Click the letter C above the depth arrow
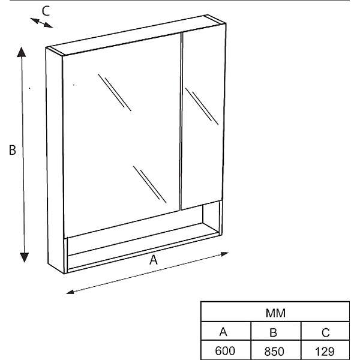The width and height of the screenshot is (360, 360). click(x=46, y=11)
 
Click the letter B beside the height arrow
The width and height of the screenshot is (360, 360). click(x=13, y=150)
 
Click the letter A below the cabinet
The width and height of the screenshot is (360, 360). click(x=154, y=260)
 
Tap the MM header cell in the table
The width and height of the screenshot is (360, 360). click(x=275, y=313)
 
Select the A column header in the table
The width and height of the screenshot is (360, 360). click(x=223, y=332)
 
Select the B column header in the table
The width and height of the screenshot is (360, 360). click(x=273, y=332)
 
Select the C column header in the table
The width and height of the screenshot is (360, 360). click(x=325, y=332)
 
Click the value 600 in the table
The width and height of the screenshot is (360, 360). click(x=225, y=351)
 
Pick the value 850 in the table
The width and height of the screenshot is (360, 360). click(x=274, y=351)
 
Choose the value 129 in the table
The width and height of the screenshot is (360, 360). click(x=325, y=351)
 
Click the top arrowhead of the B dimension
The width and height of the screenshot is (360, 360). click(x=22, y=52)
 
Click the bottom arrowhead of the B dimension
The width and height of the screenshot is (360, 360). click(x=24, y=257)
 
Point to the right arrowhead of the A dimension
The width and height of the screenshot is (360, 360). click(x=224, y=254)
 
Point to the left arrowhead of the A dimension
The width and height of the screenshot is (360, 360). click(x=70, y=292)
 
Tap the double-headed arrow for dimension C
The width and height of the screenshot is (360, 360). click(x=41, y=23)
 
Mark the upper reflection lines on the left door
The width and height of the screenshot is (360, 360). click(x=115, y=92)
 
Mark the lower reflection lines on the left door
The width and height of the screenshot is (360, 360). click(x=149, y=185)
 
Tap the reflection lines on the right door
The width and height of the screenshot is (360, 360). click(x=202, y=106)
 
